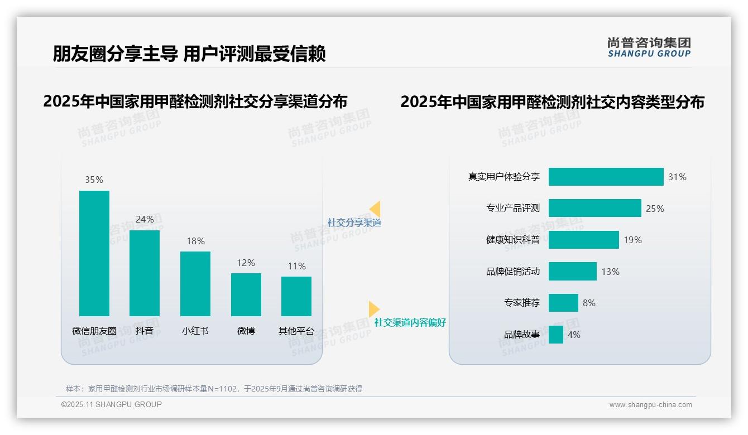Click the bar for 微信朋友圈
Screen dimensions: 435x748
pyautogui.click(x=94, y=253)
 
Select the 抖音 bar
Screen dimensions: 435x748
pyautogui.click(x=145, y=273)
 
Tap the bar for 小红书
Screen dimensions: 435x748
pyautogui.click(x=195, y=284)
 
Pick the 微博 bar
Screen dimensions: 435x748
pyautogui.click(x=246, y=294)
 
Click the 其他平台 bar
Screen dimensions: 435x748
pyautogui.click(x=296, y=296)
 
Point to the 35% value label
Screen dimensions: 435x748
pyautogui.click(x=94, y=180)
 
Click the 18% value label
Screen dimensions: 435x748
pyautogui.click(x=195, y=241)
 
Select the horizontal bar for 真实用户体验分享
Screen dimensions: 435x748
pyautogui.click(x=606, y=177)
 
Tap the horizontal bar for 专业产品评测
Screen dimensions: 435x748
pyautogui.click(x=594, y=208)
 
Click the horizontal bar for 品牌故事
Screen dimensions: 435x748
pyautogui.click(x=555, y=335)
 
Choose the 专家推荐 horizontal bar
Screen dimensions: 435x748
pyautogui.click(x=563, y=303)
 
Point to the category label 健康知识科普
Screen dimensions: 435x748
pyautogui.click(x=513, y=240)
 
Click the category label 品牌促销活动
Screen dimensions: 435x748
pyautogui.click(x=513, y=272)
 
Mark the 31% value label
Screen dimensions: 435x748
pyautogui.click(x=678, y=177)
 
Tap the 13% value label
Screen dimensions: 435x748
pyautogui.click(x=611, y=272)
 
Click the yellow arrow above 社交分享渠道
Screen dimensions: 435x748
pyautogui.click(x=375, y=209)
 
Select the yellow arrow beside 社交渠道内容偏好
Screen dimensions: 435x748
pyautogui.click(x=373, y=309)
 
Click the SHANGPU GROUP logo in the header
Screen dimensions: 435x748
pyautogui.click(x=649, y=47)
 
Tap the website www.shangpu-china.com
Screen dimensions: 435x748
pyautogui.click(x=650, y=405)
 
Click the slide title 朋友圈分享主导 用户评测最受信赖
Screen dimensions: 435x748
pyautogui.click(x=189, y=54)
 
